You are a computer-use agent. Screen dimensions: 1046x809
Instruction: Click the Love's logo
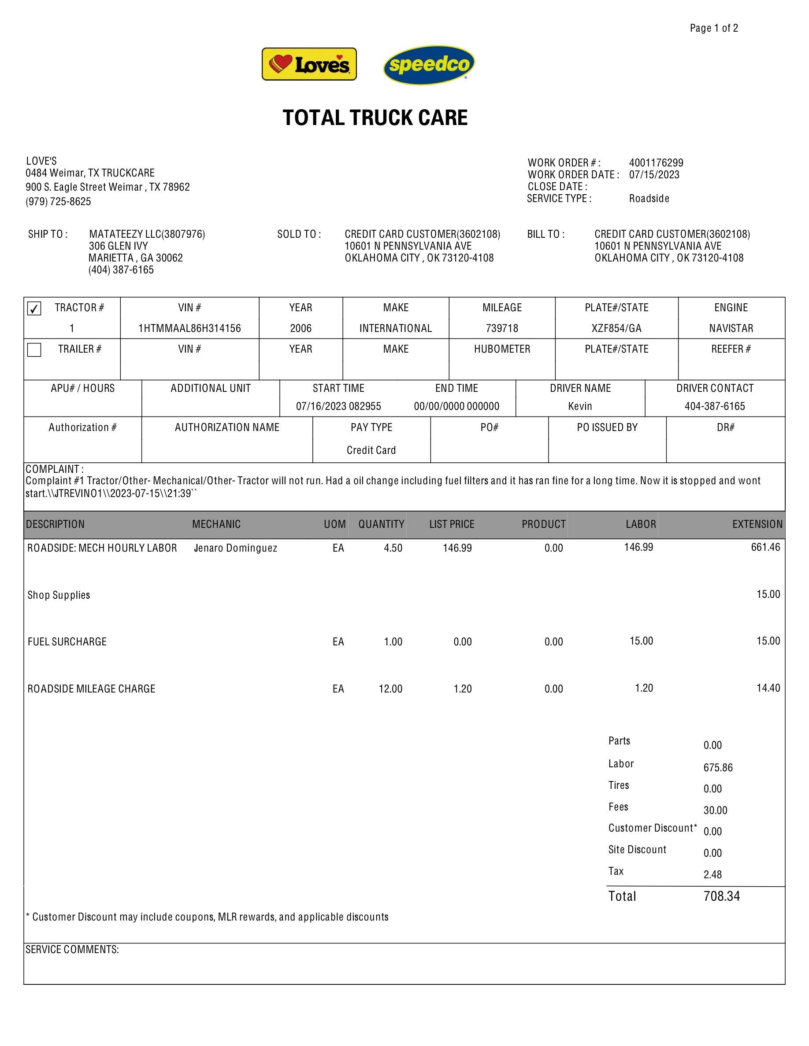click(x=309, y=64)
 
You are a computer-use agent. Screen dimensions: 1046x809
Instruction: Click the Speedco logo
click(x=429, y=65)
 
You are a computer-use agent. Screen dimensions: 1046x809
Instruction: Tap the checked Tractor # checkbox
click(x=34, y=309)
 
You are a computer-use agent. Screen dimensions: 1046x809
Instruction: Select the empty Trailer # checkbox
click(x=34, y=350)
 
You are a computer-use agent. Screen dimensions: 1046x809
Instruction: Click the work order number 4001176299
click(x=656, y=163)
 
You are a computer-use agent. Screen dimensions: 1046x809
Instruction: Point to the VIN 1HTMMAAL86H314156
click(x=189, y=328)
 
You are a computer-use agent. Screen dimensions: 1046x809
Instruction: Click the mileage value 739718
click(x=502, y=328)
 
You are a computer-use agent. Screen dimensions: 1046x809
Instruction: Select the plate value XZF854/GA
click(x=616, y=328)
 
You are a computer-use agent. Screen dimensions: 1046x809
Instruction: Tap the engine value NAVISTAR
click(x=731, y=328)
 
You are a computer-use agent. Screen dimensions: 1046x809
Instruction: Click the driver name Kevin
click(x=580, y=407)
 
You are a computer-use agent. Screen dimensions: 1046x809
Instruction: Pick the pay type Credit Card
click(x=371, y=451)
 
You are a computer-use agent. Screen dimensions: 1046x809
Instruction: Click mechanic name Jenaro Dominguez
click(x=235, y=549)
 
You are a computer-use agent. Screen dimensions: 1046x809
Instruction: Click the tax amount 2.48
click(x=712, y=875)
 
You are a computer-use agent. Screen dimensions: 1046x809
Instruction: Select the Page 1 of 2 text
click(x=714, y=28)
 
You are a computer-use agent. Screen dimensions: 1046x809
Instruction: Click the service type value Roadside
click(x=649, y=199)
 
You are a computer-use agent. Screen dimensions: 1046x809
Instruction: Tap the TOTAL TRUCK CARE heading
click(x=375, y=118)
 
